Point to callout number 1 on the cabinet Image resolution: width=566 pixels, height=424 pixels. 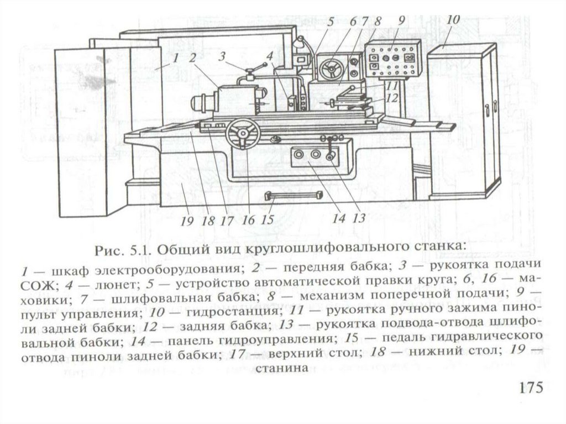click(175, 57)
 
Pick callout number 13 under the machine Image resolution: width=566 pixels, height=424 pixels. click(359, 217)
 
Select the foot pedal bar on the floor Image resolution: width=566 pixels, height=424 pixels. click(293, 195)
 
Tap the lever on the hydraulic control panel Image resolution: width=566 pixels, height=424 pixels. click(331, 149)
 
